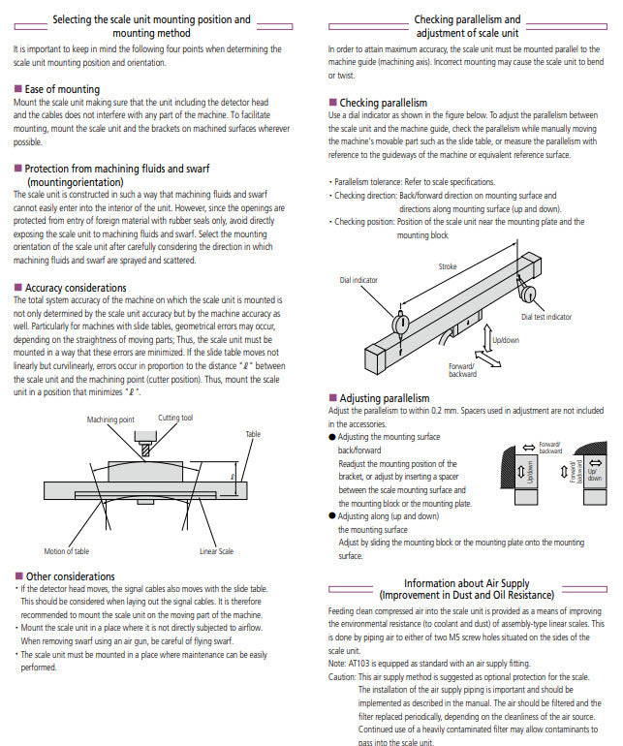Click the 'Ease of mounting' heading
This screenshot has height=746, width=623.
61,89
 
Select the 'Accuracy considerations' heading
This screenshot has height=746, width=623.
76,288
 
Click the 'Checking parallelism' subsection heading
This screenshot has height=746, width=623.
383,103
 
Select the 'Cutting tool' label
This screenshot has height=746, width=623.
175,418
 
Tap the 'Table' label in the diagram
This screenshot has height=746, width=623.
253,434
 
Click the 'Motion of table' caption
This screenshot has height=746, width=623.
67,551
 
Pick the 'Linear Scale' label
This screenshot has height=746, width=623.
216,551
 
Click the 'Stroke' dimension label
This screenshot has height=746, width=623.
448,265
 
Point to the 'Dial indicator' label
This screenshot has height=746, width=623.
358,280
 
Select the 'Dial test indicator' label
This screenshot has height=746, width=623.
545,316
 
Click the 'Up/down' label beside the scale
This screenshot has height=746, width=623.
505,340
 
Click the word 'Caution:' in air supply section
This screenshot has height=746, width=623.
343,676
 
